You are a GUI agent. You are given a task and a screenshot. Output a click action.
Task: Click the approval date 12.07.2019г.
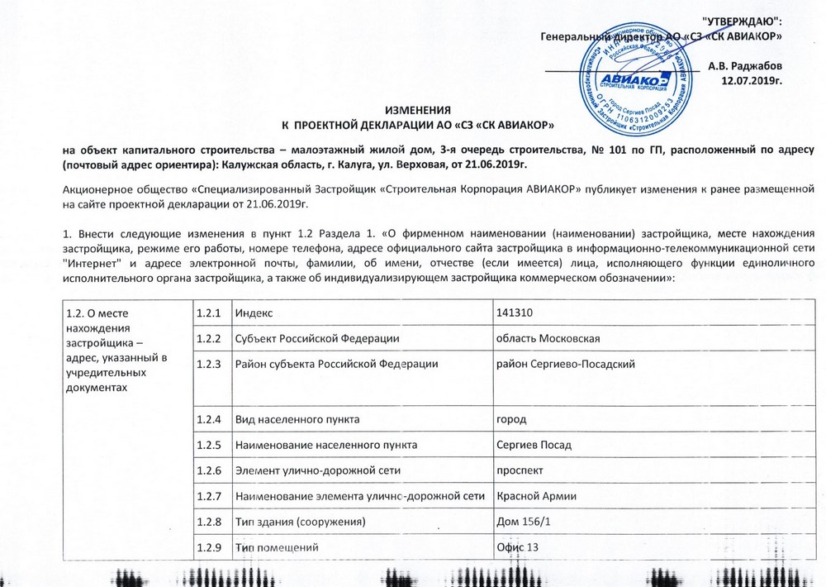tap(752, 80)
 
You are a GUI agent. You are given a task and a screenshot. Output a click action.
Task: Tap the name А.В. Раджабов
tap(746, 65)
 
